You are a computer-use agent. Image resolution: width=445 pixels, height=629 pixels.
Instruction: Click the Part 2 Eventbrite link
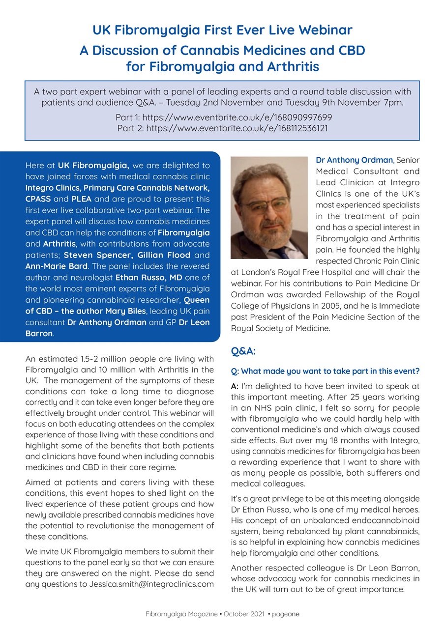237,128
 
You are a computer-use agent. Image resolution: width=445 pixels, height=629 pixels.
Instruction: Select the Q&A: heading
243,351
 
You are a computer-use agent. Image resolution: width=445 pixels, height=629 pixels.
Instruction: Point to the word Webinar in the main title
324,30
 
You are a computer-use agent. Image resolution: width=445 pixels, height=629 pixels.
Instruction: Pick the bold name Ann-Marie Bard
49,266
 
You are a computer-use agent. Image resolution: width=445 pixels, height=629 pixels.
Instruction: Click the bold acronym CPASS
38,199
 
